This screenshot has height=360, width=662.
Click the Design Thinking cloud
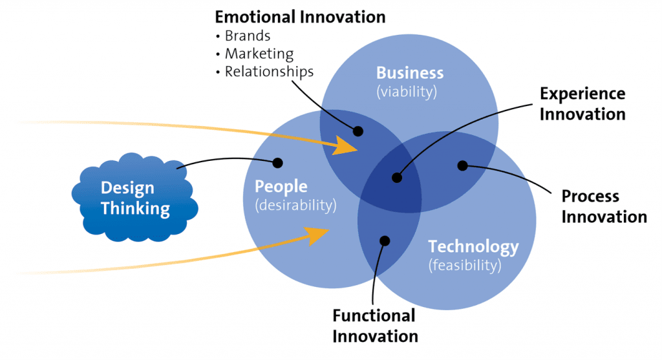pyautogui.click(x=134, y=198)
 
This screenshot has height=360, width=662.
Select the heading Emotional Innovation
pyautogui.click(x=300, y=17)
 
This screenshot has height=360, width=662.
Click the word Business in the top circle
pyautogui.click(x=410, y=73)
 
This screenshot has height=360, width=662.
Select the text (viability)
pyautogui.click(x=407, y=92)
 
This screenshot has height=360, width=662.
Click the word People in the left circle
pyautogui.click(x=281, y=187)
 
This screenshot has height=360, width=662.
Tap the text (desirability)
pyautogui.click(x=295, y=206)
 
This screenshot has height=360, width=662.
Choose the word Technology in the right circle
pyautogui.click(x=473, y=247)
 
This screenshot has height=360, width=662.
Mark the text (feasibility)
pyautogui.click(x=465, y=266)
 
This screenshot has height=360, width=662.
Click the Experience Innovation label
pyautogui.click(x=582, y=104)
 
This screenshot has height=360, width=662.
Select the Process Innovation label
pyautogui.click(x=604, y=206)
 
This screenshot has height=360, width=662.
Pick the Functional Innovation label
pyautogui.click(x=375, y=326)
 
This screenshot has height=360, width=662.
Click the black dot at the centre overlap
pyautogui.click(x=397, y=178)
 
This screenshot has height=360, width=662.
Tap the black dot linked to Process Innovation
pyautogui.click(x=463, y=165)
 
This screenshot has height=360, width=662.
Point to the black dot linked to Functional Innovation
pyautogui.click(x=385, y=241)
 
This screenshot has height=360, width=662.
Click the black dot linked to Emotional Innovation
pyautogui.click(x=358, y=131)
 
